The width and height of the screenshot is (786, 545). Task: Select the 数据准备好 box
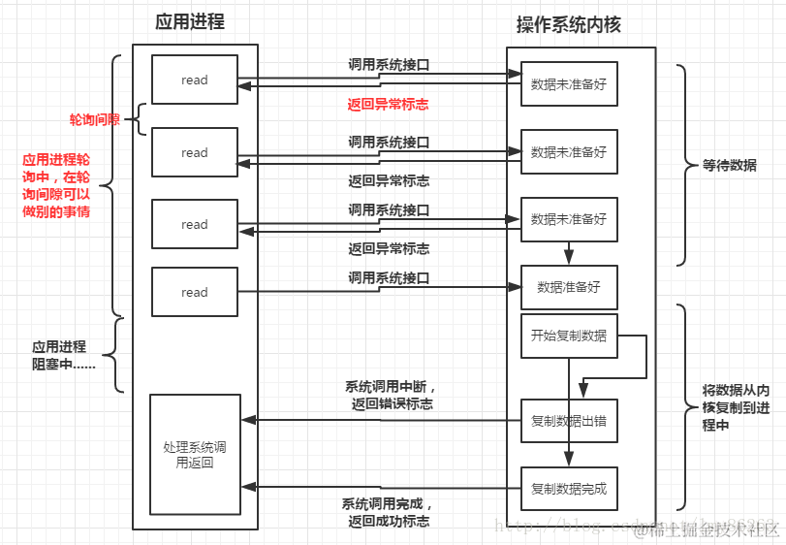pos(569,287)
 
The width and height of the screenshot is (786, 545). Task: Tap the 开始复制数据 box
pos(569,336)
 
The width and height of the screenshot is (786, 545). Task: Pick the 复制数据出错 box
pos(569,421)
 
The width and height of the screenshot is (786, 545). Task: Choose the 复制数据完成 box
pos(569,489)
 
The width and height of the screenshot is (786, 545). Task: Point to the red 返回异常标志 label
pos(389,104)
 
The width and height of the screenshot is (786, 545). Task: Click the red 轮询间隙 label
pos(94,119)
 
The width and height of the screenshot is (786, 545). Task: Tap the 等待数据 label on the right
pos(730,165)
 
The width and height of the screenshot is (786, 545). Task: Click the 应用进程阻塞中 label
pos(59,355)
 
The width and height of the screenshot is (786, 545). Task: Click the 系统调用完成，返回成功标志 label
pos(389,513)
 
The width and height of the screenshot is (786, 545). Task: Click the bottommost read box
pos(195,292)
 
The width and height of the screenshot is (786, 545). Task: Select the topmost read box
pos(195,80)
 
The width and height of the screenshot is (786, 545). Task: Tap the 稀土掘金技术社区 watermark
pos(707,529)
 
